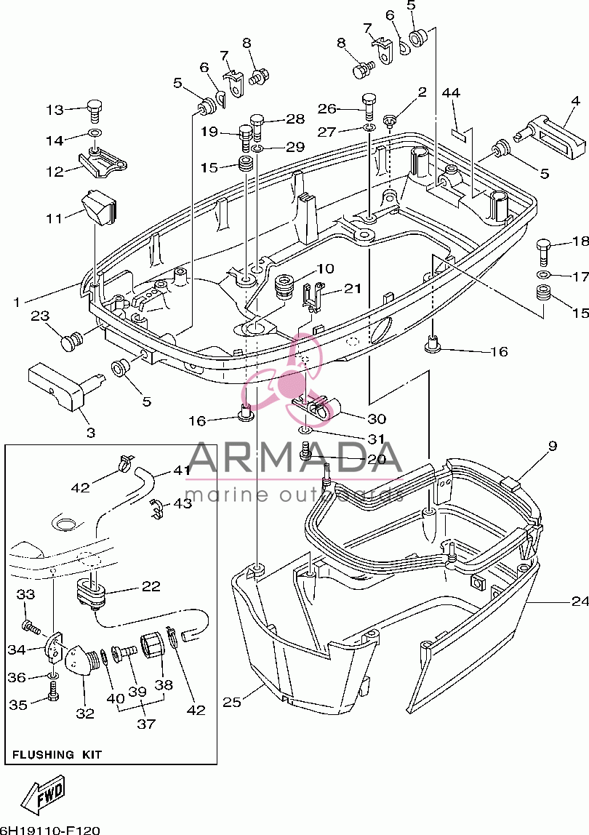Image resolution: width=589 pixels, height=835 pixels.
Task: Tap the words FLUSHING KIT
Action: [x=57, y=754]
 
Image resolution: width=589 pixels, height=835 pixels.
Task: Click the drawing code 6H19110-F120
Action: [x=49, y=830]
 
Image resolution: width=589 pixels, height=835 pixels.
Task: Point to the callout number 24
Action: [x=580, y=602]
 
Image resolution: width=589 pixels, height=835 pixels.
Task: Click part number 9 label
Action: [x=552, y=445]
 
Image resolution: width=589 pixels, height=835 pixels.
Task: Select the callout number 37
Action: [x=146, y=724]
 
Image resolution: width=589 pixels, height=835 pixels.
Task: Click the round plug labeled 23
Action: [x=71, y=340]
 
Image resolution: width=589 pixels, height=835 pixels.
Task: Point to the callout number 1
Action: [x=17, y=303]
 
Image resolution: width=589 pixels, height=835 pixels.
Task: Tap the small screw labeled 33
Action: [x=32, y=626]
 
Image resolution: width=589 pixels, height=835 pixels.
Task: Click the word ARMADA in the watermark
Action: [x=294, y=458]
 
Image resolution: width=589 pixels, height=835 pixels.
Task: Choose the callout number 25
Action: [x=232, y=702]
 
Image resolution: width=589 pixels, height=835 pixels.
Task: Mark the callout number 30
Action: [x=377, y=418]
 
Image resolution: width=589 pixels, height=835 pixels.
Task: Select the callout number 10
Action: [x=325, y=268]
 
